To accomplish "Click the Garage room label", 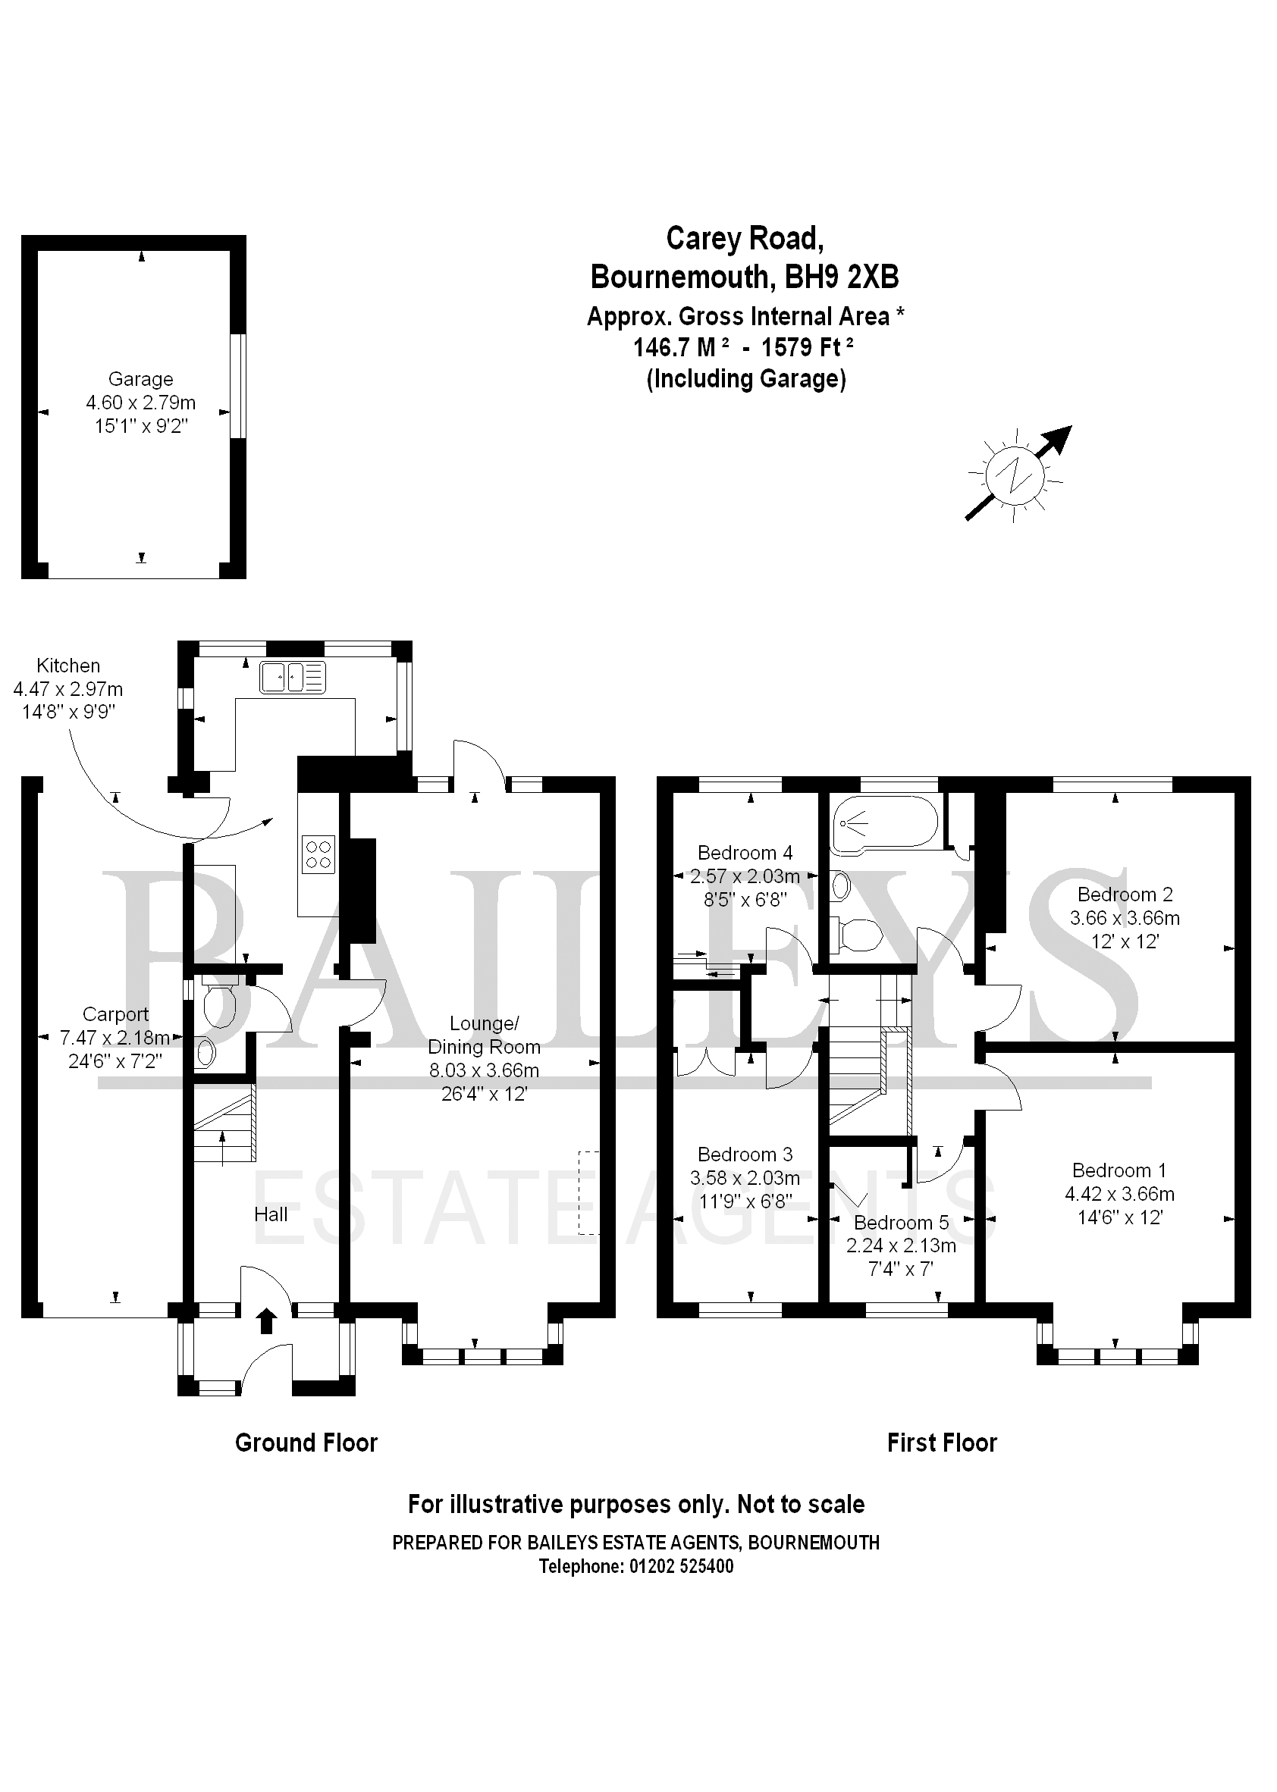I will point(141,380).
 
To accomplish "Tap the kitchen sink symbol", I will point(293,678).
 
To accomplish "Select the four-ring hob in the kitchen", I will point(318,854).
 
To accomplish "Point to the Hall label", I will point(271,1215).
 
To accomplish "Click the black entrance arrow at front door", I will point(267,1321).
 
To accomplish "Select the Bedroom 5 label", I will point(901,1223).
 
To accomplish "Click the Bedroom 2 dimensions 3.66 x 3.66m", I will point(1125,918).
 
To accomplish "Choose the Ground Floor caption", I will point(306,1443).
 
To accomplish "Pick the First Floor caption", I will point(941,1443).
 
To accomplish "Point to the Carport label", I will point(115,1015).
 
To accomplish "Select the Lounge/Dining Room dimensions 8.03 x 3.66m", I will point(484,1070).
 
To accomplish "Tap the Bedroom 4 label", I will point(745,853).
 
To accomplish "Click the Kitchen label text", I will point(68,666).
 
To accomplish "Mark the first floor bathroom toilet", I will point(859,935).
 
